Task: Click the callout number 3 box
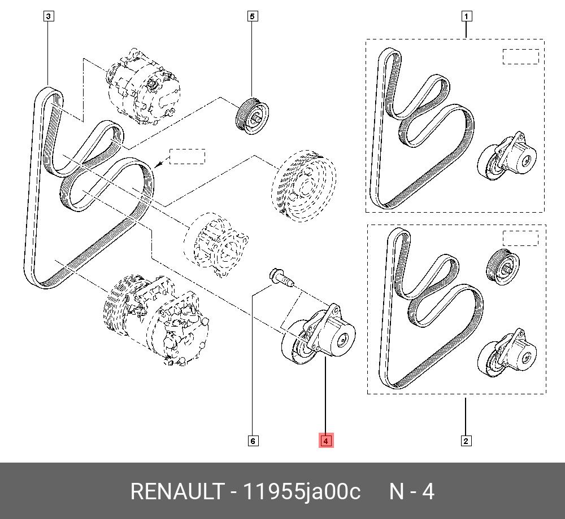coord(49,16)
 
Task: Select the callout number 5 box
coord(253,16)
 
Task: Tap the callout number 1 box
coord(466,16)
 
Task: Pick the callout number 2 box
coord(466,441)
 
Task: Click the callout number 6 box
coord(253,441)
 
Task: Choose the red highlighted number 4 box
coord(327,441)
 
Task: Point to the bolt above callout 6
coord(279,277)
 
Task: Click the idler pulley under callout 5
coord(252,116)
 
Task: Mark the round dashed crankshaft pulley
coord(303,184)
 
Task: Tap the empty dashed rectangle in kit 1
coord(520,56)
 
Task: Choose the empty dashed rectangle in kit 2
coord(520,237)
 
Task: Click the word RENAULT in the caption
coord(176,491)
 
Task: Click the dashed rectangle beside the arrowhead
coord(187,156)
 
